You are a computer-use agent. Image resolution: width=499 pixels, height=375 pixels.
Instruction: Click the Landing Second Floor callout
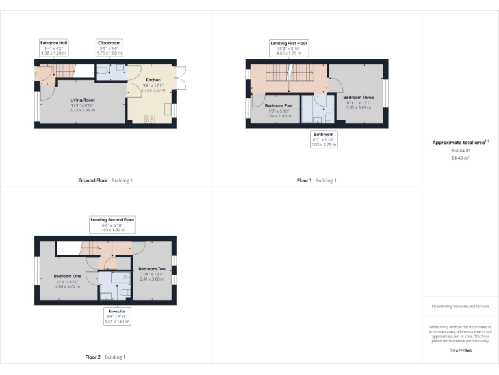[112, 225]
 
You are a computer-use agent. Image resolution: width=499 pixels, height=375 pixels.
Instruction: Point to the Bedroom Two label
[152, 272]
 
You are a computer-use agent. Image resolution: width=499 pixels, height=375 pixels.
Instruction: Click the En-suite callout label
[118, 315]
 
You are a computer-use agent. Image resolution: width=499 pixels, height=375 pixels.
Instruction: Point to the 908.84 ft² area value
[459, 150]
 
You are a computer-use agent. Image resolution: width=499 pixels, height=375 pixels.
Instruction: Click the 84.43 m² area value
[459, 158]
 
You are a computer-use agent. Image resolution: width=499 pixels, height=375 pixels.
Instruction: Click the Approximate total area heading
[459, 142]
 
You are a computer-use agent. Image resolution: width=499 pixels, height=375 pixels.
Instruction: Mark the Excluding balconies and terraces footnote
[459, 306]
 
